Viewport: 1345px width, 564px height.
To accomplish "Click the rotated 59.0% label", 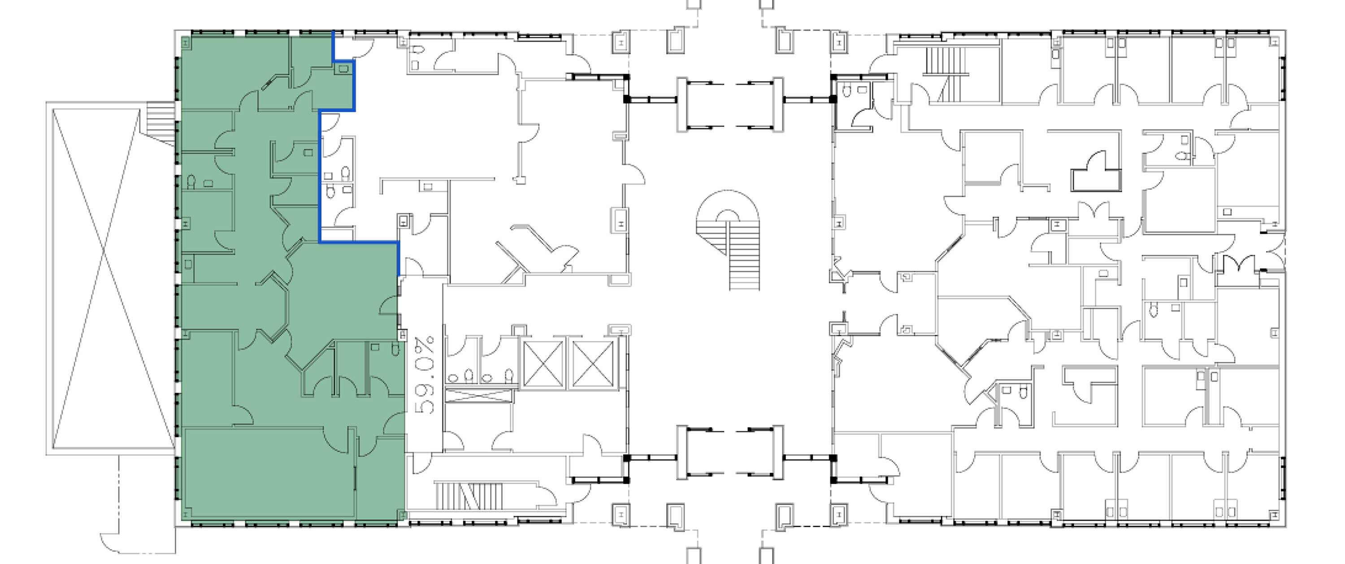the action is pos(424,376).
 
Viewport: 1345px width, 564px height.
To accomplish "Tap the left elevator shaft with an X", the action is pos(543,364).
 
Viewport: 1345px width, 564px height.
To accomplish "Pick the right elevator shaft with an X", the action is pos(593,364).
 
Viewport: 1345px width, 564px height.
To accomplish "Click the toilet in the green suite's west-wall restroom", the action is pos(191,182).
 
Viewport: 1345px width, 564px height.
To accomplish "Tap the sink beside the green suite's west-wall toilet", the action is pos(208,183).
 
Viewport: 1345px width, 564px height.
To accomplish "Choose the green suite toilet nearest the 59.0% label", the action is pos(395,348).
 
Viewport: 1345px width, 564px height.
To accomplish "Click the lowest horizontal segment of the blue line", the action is pos(359,242).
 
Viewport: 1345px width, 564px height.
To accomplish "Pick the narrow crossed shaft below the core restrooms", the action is pos(478,395).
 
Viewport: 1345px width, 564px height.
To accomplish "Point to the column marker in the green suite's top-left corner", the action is pos(186,43).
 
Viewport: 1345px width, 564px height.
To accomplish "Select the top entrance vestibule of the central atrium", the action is pos(729,104).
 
